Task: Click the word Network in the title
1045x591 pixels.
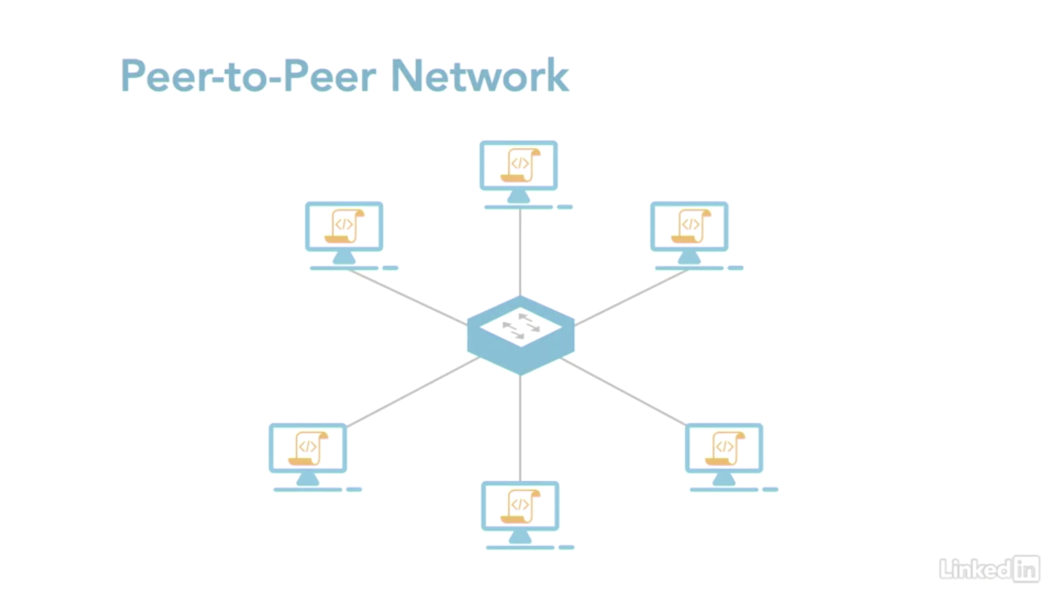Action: pos(480,76)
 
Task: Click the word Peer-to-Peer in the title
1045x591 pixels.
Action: pos(248,76)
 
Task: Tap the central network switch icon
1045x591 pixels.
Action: pos(521,336)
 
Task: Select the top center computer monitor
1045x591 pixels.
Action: pos(519,166)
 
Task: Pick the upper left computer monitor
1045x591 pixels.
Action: pos(344,227)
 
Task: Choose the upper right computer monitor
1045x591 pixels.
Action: pos(689,227)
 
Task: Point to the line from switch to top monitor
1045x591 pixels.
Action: pos(520,251)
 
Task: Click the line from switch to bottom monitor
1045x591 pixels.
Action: pos(520,427)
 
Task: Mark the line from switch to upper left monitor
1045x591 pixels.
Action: pos(408,297)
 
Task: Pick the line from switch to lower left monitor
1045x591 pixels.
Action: pos(413,392)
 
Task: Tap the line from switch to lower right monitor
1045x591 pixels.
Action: pos(623,392)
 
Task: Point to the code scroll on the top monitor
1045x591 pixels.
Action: pos(520,165)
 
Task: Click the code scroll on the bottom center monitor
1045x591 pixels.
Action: pos(520,506)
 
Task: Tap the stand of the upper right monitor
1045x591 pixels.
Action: pos(689,258)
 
